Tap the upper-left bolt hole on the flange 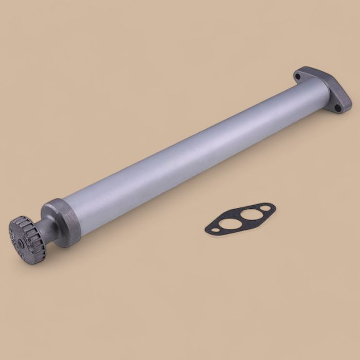click(x=298, y=77)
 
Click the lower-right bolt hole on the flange click(x=337, y=108)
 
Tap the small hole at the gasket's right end click(x=265, y=208)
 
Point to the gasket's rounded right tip click(x=274, y=206)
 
